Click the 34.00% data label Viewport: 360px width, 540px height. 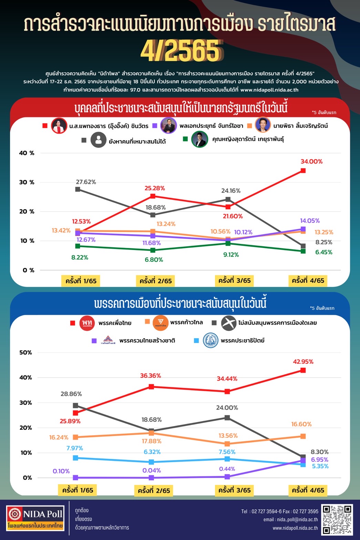pyautogui.click(x=311, y=162)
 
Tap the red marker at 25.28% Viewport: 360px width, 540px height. pyautogui.click(x=153, y=196)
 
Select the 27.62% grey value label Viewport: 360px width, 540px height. pyautogui.click(x=86, y=182)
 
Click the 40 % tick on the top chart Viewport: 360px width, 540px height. pyautogui.click(x=27, y=153)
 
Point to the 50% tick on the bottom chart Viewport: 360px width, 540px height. pyautogui.click(x=25, y=352)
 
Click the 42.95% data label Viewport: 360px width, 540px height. pyautogui.click(x=303, y=362)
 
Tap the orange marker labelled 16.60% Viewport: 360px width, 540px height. pyautogui.click(x=303, y=436)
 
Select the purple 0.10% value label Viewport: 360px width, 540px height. pyautogui.click(x=61, y=471)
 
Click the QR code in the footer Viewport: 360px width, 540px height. pyautogui.click(x=337, y=519)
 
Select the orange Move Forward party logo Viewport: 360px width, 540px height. pyautogui.click(x=160, y=323)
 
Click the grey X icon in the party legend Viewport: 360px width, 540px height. pyautogui.click(x=228, y=323)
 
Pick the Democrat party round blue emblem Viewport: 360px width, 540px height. pyautogui.click(x=210, y=340)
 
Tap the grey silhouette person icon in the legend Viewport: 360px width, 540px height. pyautogui.click(x=98, y=140)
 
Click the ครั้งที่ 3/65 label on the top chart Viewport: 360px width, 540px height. pyautogui.click(x=234, y=281)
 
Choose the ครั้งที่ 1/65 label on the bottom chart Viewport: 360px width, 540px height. pyautogui.click(x=78, y=490)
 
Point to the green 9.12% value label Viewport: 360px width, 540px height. pyautogui.click(x=231, y=255)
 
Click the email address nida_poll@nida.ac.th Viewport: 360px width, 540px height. pyautogui.click(x=290, y=519)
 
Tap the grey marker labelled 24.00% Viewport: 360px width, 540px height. pyautogui.click(x=227, y=418)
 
